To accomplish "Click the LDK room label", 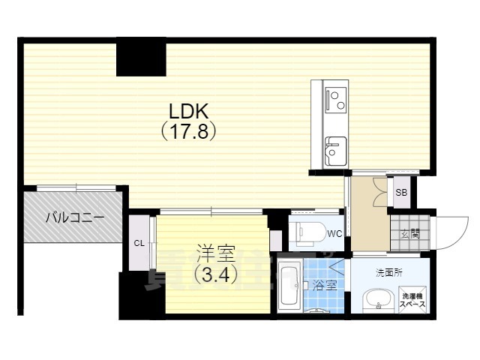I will pos(188,111).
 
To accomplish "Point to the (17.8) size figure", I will pos(189,132).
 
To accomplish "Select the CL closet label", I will pos(139,243).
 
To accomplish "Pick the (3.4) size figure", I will pos(216,274).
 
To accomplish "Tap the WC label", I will pos(334,233).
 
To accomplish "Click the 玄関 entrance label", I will pos(409,233).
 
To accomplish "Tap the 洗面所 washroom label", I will pos(389,272).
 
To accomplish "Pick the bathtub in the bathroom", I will pos(289,287).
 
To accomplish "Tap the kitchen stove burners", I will pos(335,97).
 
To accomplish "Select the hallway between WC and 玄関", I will pos(368,214).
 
